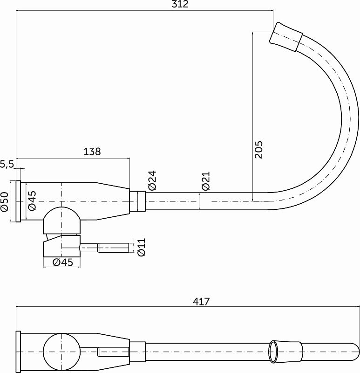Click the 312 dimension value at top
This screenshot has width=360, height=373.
tap(180, 5)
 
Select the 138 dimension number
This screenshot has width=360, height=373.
tap(92, 152)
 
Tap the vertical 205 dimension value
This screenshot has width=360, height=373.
tap(259, 149)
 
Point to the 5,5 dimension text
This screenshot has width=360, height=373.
tap(7, 164)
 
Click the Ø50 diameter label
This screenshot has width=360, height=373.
tap(5, 201)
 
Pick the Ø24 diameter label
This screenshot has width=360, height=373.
tap(152, 180)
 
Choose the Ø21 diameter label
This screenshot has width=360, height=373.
tap(206, 181)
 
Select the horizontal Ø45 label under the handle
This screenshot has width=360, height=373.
tap(63, 262)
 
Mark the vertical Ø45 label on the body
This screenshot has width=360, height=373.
tap(32, 201)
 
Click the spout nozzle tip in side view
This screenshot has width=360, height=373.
tap(285, 35)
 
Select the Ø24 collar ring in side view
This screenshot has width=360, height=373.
tap(138, 201)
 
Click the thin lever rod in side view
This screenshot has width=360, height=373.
tap(112, 247)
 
